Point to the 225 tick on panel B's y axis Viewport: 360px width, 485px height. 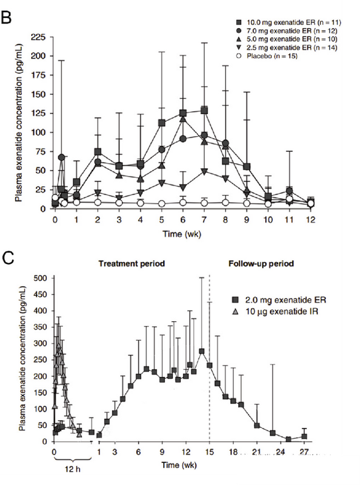click(x=37, y=37)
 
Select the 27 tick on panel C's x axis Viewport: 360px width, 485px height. click(x=304, y=452)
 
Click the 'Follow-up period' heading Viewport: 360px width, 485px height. click(x=266, y=264)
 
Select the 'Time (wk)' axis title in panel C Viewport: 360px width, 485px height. click(x=180, y=465)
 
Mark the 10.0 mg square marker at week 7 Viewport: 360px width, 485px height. click(x=205, y=110)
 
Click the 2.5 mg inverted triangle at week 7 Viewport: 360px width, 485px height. click(x=205, y=172)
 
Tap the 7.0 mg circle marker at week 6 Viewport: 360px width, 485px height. click(x=183, y=139)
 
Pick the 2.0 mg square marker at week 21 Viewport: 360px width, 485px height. click(x=257, y=426)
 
